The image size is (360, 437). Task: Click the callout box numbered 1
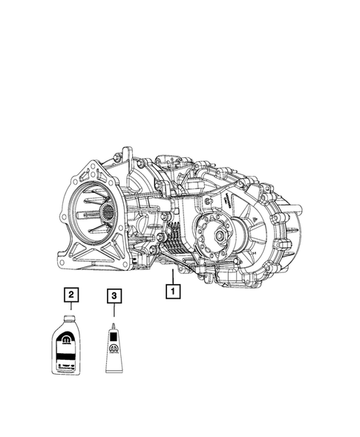click(172, 292)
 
